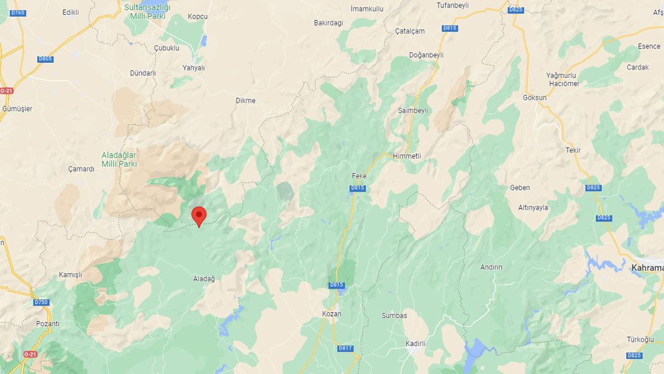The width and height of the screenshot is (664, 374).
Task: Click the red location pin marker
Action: [x=199, y=216]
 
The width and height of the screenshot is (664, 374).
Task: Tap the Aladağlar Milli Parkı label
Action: [x=119, y=159]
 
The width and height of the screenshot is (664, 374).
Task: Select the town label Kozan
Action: [x=331, y=314]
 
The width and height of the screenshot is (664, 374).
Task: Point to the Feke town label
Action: [x=359, y=177]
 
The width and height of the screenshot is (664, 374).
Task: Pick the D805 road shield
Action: [x=45, y=59]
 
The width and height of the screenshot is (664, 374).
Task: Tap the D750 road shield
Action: [x=41, y=302]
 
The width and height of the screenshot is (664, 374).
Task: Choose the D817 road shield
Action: [x=346, y=348]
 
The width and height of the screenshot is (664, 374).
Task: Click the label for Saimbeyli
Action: [x=413, y=110]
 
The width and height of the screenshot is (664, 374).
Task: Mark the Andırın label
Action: [x=491, y=267]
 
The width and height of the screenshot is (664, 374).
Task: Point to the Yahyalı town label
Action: [x=193, y=68]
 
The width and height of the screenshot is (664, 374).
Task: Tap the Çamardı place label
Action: [x=81, y=169]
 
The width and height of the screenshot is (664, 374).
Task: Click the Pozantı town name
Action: [x=47, y=324]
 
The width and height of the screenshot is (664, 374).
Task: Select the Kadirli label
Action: [x=415, y=344]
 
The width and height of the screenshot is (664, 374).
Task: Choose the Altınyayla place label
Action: [x=533, y=207]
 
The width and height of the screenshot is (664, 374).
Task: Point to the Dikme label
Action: [x=246, y=100]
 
